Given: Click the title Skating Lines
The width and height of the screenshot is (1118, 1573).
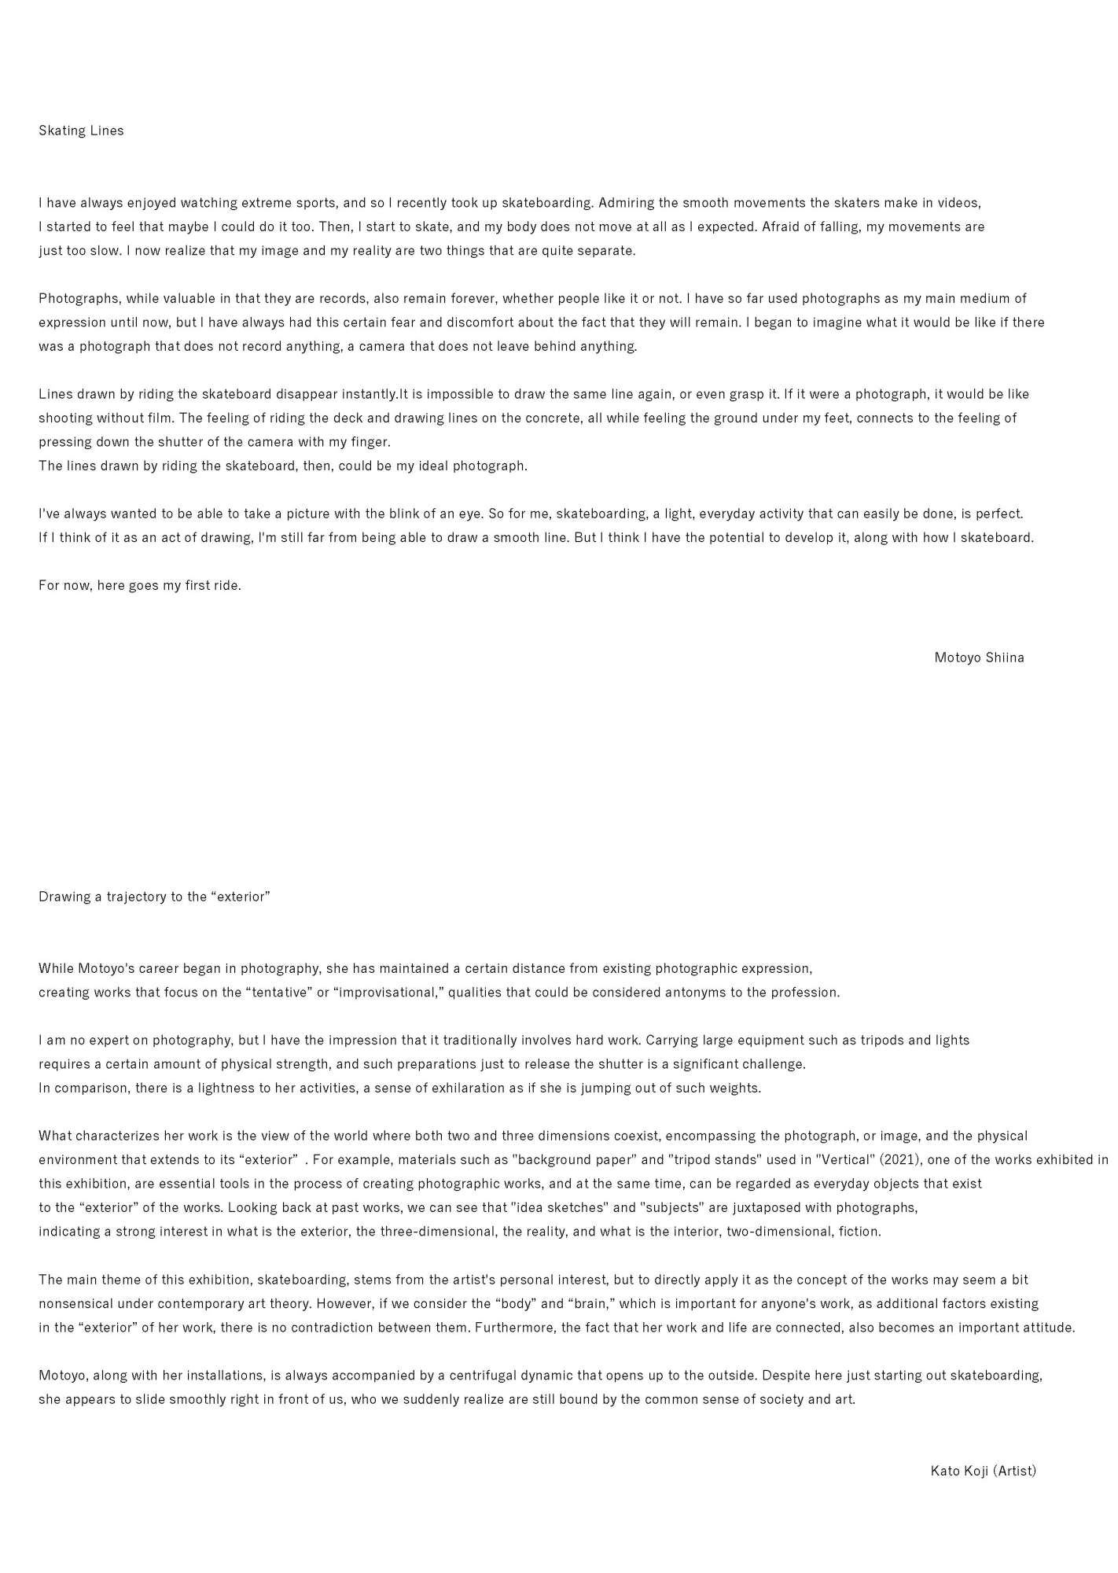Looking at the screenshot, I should pos(81,131).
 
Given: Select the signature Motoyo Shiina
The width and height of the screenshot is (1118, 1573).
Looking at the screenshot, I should pos(979,658).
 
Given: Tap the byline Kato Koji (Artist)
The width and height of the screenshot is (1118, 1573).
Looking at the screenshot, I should pos(983,1471).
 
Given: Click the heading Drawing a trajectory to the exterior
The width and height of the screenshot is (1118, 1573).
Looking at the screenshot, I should pos(154,897).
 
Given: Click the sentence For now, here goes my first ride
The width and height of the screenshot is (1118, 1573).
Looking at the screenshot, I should pos(140,585).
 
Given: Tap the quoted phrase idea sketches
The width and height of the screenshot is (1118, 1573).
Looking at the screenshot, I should pos(559,1207).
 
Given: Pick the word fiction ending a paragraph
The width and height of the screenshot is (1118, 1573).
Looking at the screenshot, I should pos(859,1231).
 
